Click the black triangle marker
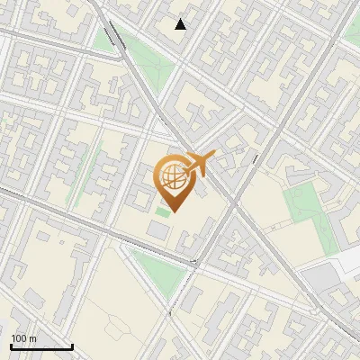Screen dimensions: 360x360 click(181, 24)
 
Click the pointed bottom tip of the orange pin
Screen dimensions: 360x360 click(174, 213)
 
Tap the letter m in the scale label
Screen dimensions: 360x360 click(34, 338)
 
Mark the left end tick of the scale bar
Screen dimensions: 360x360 click(11, 346)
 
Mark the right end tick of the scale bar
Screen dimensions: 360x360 click(72, 346)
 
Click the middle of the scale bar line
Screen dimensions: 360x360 click(41, 347)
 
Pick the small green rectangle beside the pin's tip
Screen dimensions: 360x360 click(162, 211)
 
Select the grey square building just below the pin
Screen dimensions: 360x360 click(157, 230)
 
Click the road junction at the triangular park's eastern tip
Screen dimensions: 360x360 click(193, 264)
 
